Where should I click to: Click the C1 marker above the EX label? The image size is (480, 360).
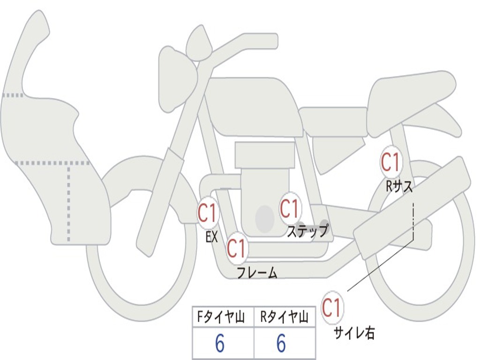click(x=207, y=214)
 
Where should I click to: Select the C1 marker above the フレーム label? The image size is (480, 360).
click(x=237, y=248)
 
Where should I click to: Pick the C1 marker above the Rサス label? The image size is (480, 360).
click(x=390, y=162)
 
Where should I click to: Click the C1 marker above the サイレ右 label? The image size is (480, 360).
click(x=332, y=307)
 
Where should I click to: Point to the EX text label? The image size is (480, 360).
click(x=212, y=237)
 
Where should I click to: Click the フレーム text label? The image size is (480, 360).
click(x=257, y=273)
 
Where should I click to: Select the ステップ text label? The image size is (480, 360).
click(x=307, y=231)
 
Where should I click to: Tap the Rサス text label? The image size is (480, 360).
click(x=399, y=187)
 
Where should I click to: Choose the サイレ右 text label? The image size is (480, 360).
click(x=354, y=333)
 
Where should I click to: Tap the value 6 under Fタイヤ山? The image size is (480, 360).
click(x=220, y=344)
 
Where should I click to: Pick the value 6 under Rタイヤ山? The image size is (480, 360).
click(x=281, y=344)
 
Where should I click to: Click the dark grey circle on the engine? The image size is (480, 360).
click(x=265, y=218)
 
